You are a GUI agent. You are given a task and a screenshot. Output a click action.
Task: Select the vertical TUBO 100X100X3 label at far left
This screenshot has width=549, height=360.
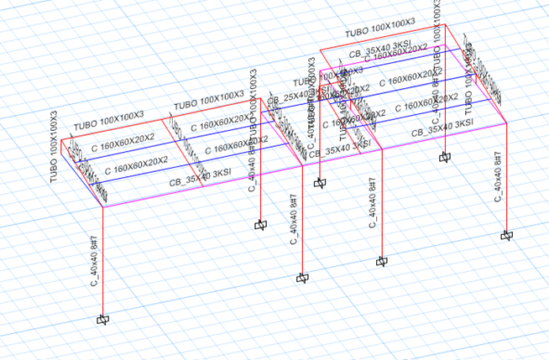pyautogui.click(x=54, y=146)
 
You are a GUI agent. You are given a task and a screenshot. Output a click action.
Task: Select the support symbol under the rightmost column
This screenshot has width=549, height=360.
pyautogui.click(x=506, y=236)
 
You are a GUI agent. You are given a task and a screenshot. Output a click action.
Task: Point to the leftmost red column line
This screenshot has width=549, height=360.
pyautogui.click(x=102, y=260)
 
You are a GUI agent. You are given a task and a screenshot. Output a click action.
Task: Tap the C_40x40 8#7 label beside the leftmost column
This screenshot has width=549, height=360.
pyautogui.click(x=94, y=260)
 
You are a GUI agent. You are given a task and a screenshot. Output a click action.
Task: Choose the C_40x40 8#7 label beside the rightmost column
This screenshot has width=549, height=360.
pyautogui.click(x=496, y=176)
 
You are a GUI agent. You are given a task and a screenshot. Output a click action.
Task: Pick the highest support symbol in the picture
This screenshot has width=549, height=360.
pyautogui.click(x=444, y=156)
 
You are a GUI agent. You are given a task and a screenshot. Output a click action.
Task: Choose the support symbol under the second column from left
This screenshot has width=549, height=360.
pyautogui.click(x=260, y=225)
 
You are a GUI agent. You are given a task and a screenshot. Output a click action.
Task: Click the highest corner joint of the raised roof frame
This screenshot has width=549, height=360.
pyautogui.click(x=445, y=24)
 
